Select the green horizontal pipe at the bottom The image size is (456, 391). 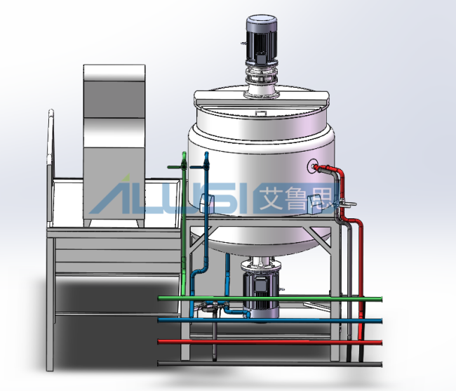270,299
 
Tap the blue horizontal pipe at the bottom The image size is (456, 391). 270,321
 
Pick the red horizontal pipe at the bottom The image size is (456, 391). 270,342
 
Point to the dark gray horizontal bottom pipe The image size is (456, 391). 270,364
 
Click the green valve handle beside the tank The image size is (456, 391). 177,167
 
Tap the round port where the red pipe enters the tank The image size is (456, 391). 313,166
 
